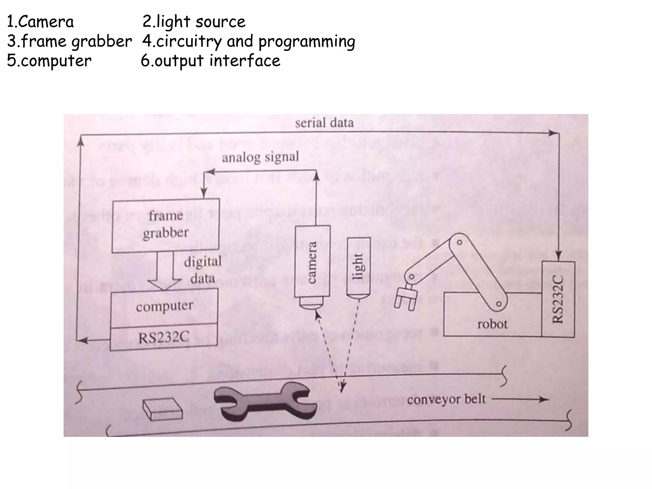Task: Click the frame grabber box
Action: pyautogui.click(x=166, y=225)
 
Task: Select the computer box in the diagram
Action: pyautogui.click(x=164, y=307)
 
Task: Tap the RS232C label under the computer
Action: pyautogui.click(x=164, y=337)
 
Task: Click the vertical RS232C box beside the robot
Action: pyautogui.click(x=558, y=299)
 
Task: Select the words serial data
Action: pyautogui.click(x=324, y=123)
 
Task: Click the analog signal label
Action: pyautogui.click(x=260, y=157)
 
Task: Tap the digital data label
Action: pyautogui.click(x=203, y=270)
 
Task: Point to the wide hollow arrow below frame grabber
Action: pyautogui.click(x=165, y=271)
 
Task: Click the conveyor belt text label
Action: pyautogui.click(x=446, y=399)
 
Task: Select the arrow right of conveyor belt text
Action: pyautogui.click(x=520, y=399)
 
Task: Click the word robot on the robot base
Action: pyautogui.click(x=492, y=324)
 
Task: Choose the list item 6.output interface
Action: pyautogui.click(x=210, y=61)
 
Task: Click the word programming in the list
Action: pyautogui.click(x=307, y=42)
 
